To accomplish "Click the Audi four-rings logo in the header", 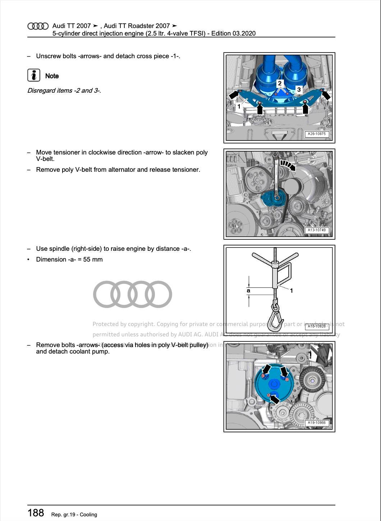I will point(38,26).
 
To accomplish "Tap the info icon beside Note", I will point(34,75).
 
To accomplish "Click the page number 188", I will point(36,513).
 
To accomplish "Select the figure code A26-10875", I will point(316,134).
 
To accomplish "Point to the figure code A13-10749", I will point(316,230).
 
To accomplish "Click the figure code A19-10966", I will point(316,423).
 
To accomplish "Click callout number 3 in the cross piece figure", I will point(299,89).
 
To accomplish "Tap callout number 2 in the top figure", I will point(280,83).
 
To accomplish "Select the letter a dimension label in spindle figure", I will point(248,291).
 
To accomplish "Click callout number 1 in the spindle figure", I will point(291,291).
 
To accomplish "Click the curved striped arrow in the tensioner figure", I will point(288,165).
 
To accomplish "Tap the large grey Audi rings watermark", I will point(132,294).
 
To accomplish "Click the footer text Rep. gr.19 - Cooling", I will point(74,515).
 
